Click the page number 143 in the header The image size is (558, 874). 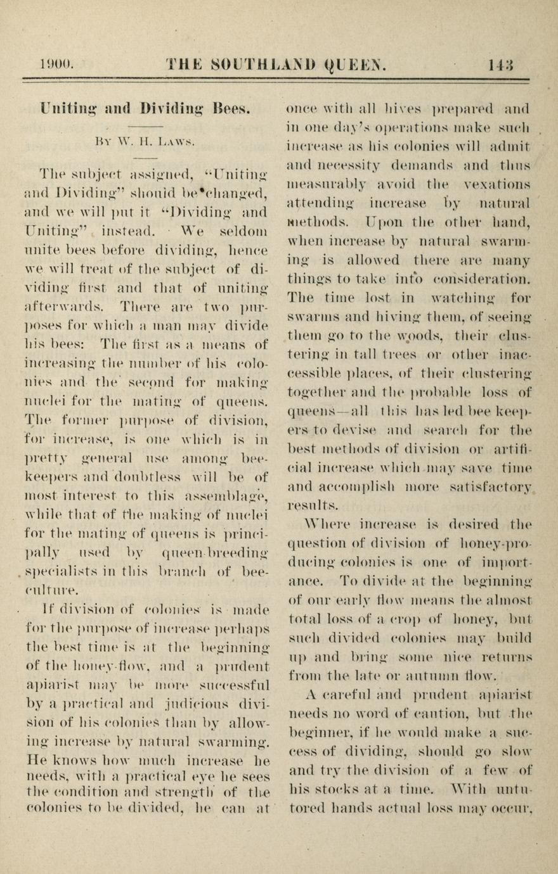(x=501, y=63)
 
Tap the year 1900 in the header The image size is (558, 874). (x=56, y=63)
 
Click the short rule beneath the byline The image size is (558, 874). (x=145, y=158)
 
